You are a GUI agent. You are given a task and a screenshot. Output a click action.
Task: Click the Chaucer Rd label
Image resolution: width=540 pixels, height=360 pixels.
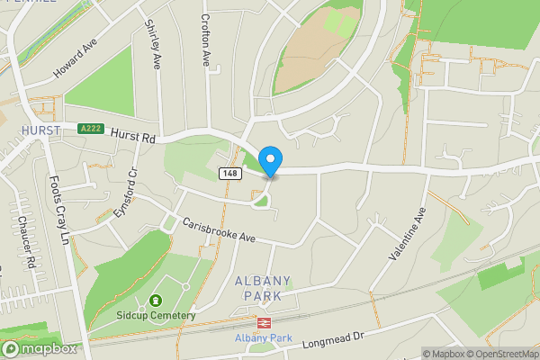(24, 240)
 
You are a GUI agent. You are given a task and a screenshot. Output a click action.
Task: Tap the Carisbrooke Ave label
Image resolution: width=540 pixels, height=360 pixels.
(220, 231)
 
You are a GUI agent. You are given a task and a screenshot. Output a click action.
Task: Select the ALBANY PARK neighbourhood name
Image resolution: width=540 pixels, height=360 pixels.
(258, 288)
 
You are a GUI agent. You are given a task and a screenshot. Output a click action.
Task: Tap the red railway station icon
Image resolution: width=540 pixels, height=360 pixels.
(265, 321)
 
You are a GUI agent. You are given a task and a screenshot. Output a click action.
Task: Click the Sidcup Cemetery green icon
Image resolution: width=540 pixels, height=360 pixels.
(155, 301)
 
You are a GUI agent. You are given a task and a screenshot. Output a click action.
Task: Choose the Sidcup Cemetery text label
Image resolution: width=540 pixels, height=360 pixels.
(155, 315)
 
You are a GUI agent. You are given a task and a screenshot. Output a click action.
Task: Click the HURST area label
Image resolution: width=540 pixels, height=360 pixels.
(40, 131)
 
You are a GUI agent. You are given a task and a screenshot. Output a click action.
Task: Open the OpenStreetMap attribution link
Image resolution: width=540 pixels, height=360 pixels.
(500, 354)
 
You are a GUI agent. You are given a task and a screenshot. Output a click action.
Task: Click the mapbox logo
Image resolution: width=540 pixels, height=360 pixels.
(40, 348)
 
